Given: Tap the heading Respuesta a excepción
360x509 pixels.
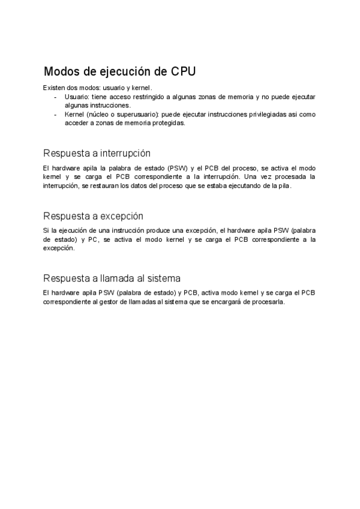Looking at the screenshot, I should click(x=93, y=215).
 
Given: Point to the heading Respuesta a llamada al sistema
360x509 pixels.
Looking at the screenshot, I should click(x=112, y=278).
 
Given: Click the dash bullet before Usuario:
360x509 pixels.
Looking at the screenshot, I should click(x=56, y=97).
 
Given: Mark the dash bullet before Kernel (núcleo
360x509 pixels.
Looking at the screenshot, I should click(x=56, y=114).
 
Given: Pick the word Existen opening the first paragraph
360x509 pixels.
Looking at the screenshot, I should click(x=54, y=88).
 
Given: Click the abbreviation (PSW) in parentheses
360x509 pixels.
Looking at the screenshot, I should click(x=178, y=168).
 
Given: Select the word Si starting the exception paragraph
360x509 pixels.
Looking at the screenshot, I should click(x=46, y=230).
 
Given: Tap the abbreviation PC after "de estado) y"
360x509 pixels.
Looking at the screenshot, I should click(x=93, y=239).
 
